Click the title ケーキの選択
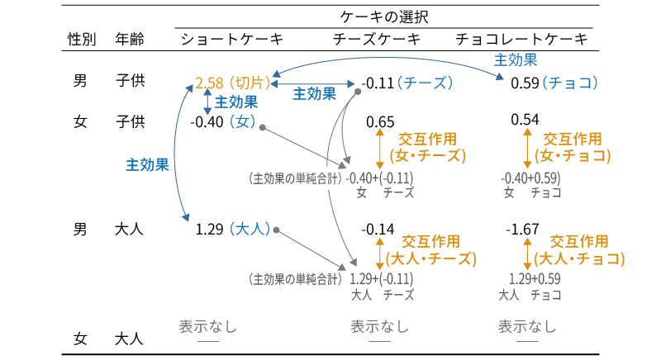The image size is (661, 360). [383, 17]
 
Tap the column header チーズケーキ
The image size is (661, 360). [377, 40]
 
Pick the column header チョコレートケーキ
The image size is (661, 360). [521, 40]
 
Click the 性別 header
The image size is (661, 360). [82, 40]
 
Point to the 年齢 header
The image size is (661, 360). [130, 40]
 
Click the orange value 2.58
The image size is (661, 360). [208, 83]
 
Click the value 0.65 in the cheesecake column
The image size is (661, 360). [380, 121]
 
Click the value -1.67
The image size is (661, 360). [525, 229]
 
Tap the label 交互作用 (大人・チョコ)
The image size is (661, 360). [578, 249]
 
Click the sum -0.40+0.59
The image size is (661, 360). [531, 178]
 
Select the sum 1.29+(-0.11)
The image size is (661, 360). [382, 278]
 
